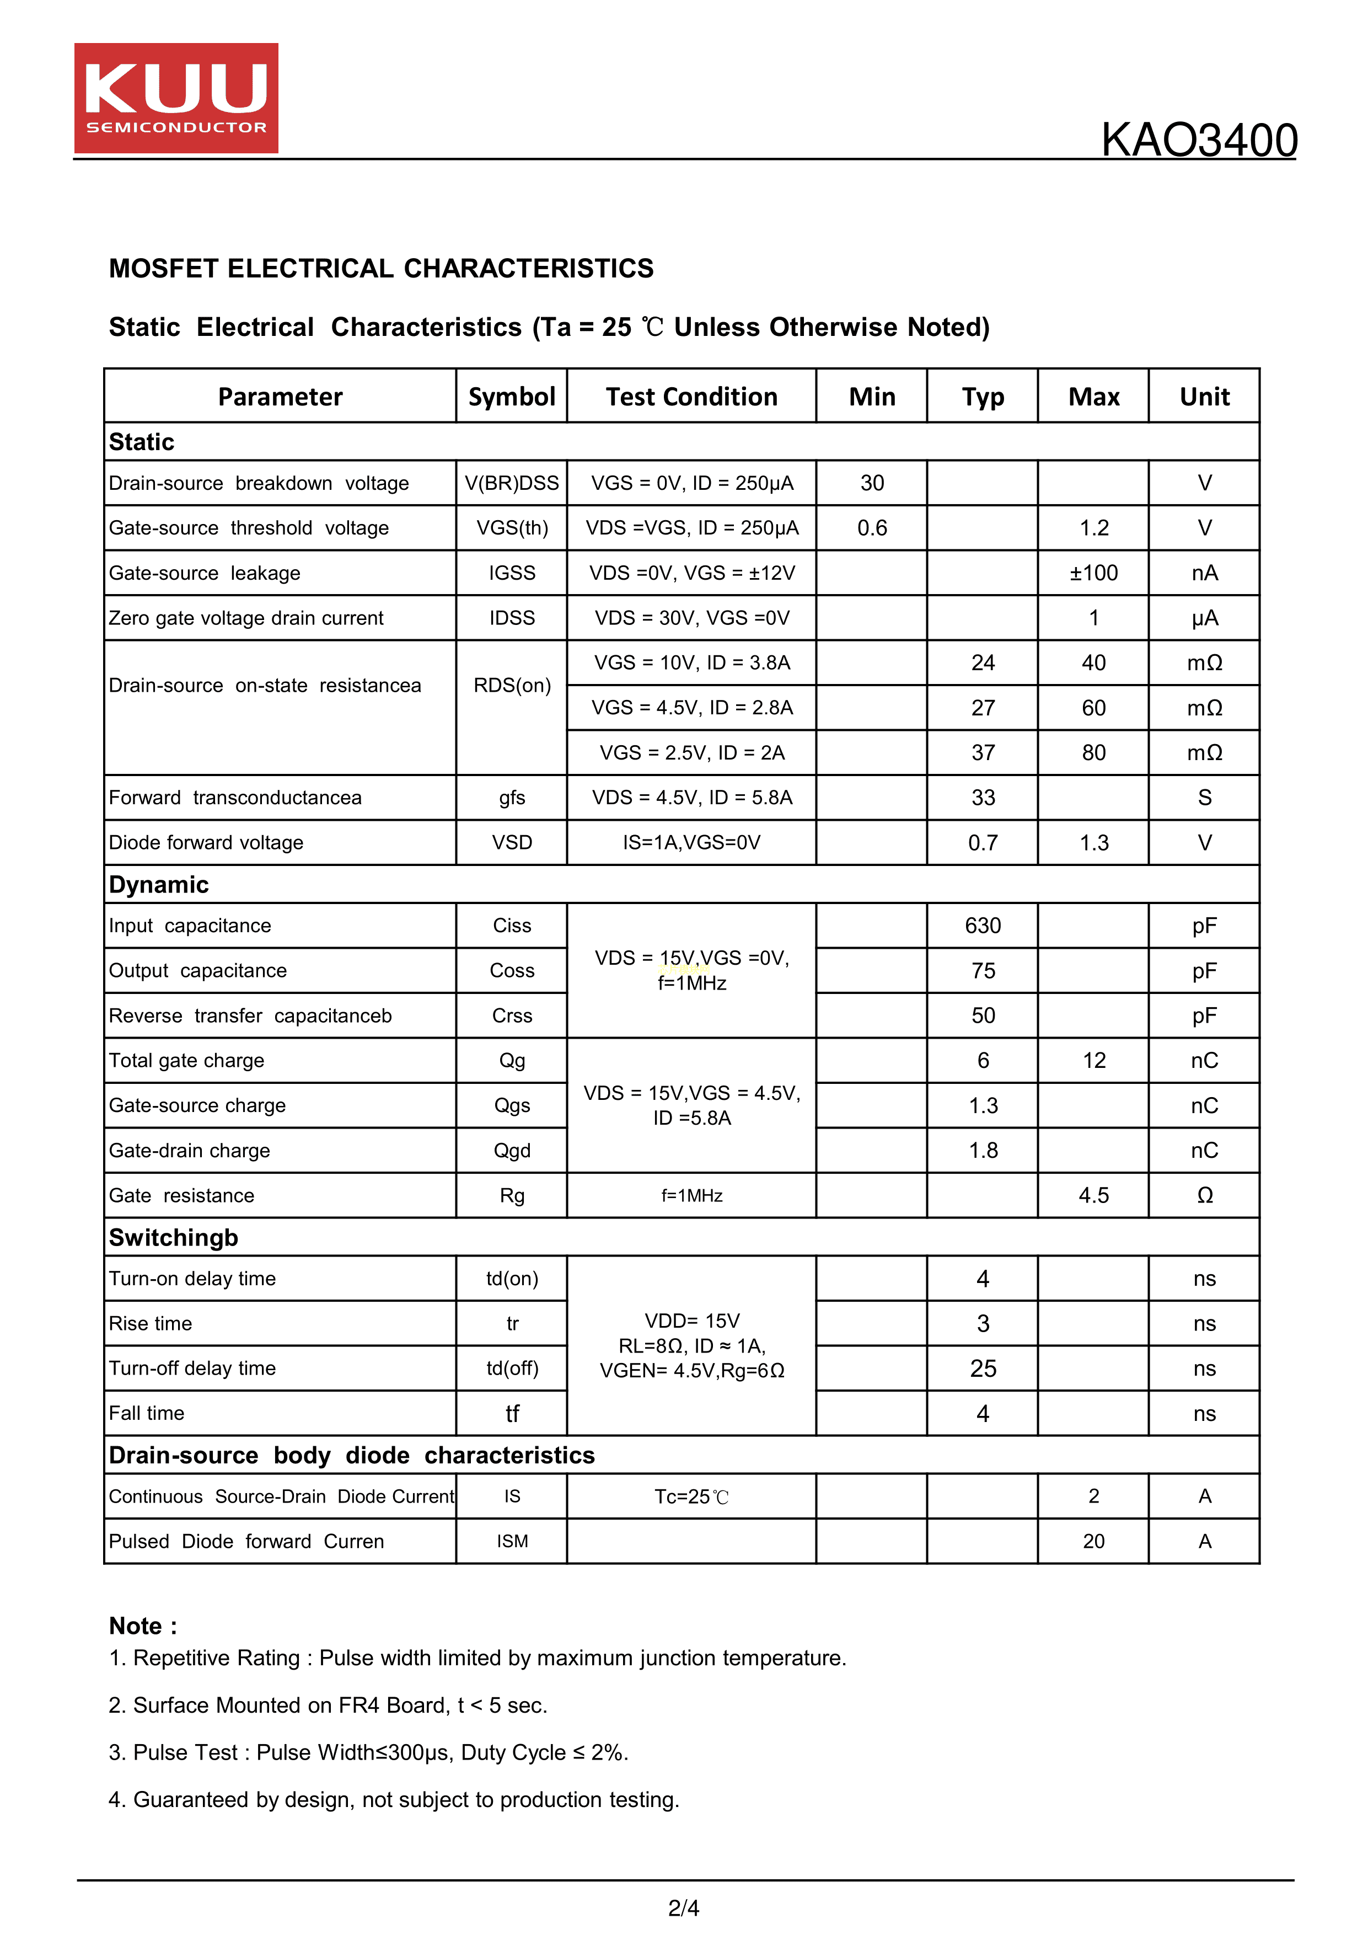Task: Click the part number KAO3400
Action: [x=1199, y=140]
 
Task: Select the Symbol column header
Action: [x=511, y=397]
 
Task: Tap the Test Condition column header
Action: [x=691, y=397]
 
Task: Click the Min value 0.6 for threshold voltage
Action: [x=872, y=528]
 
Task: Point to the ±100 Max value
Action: [x=1093, y=573]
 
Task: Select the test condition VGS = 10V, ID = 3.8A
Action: [x=691, y=663]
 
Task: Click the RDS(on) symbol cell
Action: [x=511, y=685]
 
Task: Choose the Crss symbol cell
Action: [x=511, y=1017]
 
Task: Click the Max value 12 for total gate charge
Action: [x=1093, y=1061]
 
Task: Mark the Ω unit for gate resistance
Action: [x=1205, y=1196]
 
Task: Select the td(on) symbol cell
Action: [x=511, y=1279]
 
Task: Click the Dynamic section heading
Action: [x=159, y=885]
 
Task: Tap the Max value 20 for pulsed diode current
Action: [x=1093, y=1541]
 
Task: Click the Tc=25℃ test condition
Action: [x=691, y=1497]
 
